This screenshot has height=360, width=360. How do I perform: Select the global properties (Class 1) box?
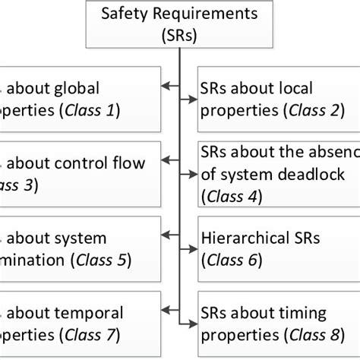(x=79, y=99)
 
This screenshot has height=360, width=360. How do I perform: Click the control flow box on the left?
(x=79, y=172)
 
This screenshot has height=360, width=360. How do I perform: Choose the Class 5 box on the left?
(x=79, y=248)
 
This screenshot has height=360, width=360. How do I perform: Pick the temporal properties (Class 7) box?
(x=79, y=322)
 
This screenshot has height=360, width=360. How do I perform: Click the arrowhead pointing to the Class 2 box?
(x=190, y=98)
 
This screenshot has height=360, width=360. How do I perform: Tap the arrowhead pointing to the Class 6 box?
(x=190, y=247)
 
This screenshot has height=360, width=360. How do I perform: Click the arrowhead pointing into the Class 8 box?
(x=190, y=321)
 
